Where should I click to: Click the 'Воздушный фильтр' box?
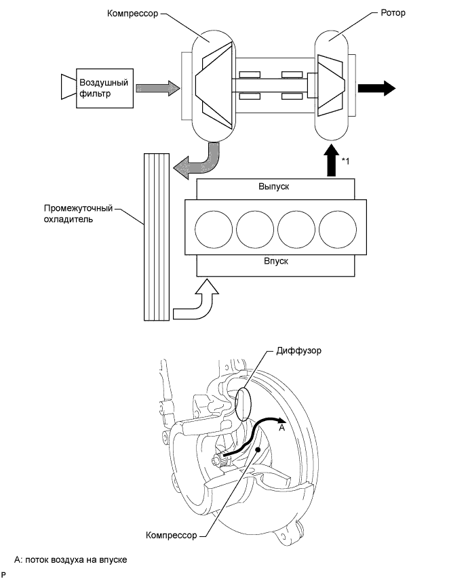tap(104, 88)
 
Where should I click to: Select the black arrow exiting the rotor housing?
tap(376, 88)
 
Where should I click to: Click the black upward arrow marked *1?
tap(332, 160)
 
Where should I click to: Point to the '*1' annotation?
tap(345, 161)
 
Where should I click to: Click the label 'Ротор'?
tap(393, 13)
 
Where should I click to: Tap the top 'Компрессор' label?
tap(133, 14)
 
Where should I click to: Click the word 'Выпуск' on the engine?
tap(274, 186)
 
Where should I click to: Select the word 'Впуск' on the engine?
tap(276, 261)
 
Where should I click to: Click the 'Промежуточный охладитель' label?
tap(78, 214)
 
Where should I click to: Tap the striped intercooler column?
tap(156, 237)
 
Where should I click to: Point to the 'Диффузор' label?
tap(299, 351)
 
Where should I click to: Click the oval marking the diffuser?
tap(243, 405)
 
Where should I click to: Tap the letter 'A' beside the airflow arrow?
tap(282, 428)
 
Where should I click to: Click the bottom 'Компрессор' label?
tap(172, 535)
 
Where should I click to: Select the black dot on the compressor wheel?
tap(258, 450)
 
